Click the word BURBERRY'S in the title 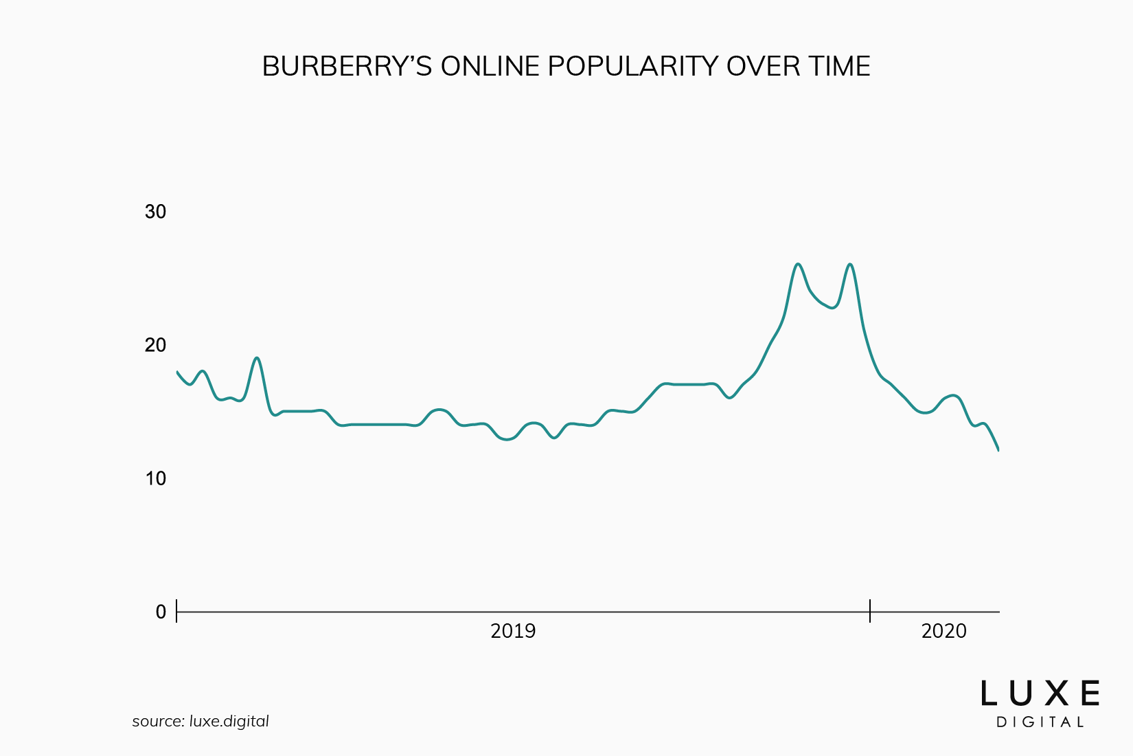(x=347, y=67)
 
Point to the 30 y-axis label (x=156, y=212)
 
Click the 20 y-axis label (x=156, y=345)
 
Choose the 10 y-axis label (x=156, y=478)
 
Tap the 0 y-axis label (x=161, y=612)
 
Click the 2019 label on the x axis (x=512, y=631)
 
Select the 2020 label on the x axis (x=943, y=631)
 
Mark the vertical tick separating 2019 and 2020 (x=870, y=611)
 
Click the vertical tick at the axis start (x=177, y=611)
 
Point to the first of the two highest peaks (x=798, y=265)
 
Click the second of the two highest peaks (x=850, y=265)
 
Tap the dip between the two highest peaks (x=832, y=307)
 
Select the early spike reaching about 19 (x=257, y=358)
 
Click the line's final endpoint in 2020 (x=998, y=450)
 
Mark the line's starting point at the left (x=178, y=372)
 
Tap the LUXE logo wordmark (x=1040, y=693)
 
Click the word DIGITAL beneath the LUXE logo (x=1040, y=722)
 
